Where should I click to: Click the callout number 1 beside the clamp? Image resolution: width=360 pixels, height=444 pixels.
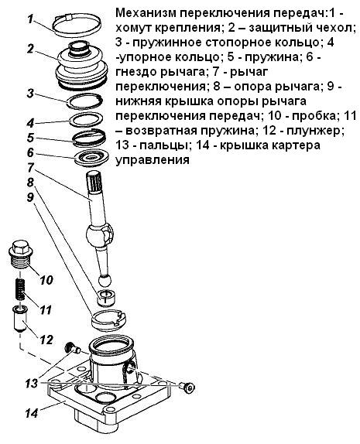click(29, 19)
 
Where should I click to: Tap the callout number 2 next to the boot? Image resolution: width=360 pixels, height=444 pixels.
click(29, 49)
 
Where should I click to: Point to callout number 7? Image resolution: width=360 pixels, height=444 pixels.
click(29, 168)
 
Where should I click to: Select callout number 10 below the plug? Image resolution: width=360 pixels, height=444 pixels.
click(44, 279)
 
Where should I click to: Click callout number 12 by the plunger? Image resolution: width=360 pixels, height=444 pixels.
click(45, 339)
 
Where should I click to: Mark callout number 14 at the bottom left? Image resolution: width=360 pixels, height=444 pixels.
click(30, 412)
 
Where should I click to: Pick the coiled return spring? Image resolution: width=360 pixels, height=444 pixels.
click(22, 292)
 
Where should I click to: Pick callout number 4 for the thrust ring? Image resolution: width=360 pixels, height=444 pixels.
click(29, 122)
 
